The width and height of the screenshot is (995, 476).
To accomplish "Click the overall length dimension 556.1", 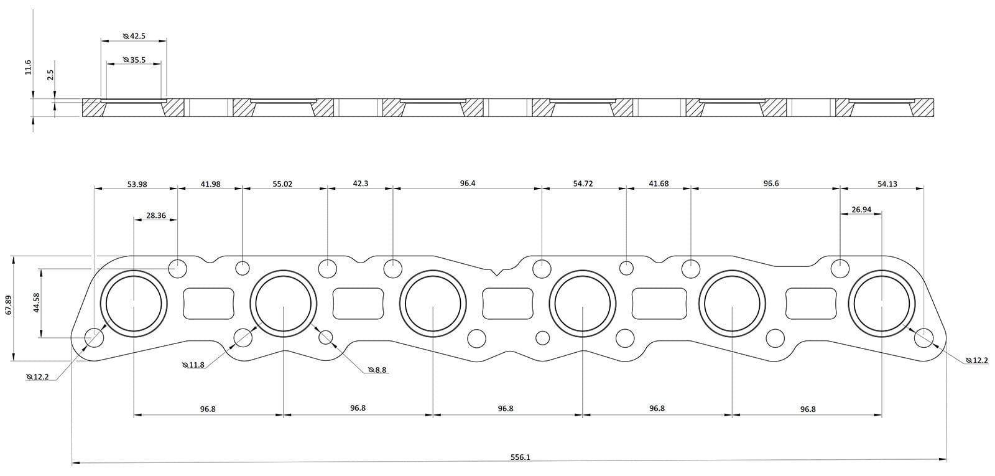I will coord(520,457).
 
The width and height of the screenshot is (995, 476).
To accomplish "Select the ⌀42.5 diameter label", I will coord(134,36).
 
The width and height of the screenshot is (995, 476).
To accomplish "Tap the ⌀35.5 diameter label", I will coord(134,60).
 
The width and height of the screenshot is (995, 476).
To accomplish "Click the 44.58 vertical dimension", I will coord(36,304).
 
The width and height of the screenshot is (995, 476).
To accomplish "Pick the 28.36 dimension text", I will coord(155,215).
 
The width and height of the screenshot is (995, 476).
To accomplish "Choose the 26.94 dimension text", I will coord(861,210).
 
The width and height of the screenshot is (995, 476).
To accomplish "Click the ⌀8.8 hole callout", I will coord(377,370).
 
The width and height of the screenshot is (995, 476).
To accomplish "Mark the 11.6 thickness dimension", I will coord(28,67).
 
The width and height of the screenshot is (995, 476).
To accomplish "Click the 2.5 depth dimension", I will coord(51,75).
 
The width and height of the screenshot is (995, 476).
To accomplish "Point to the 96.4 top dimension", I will coord(468,184).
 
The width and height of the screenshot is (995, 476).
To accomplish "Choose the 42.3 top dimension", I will coord(360,184).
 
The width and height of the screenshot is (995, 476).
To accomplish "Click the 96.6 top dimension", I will coord(771,184).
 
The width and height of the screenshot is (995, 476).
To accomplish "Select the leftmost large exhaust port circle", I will coord(134,303).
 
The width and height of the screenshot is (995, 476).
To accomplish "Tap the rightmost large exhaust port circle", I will coord(882,303).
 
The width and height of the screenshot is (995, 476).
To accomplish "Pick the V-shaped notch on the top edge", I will coord(496,271).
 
